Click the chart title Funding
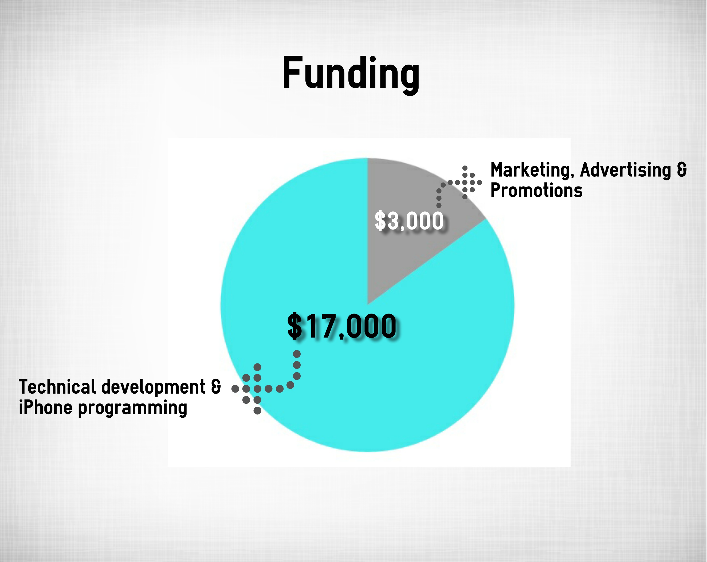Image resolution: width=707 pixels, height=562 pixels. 351,75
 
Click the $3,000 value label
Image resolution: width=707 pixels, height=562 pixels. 409,221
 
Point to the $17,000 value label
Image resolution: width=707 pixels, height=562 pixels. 342,326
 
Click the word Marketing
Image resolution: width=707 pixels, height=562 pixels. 531,171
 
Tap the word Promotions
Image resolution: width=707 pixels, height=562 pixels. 536,190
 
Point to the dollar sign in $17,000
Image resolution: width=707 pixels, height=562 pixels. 294,326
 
